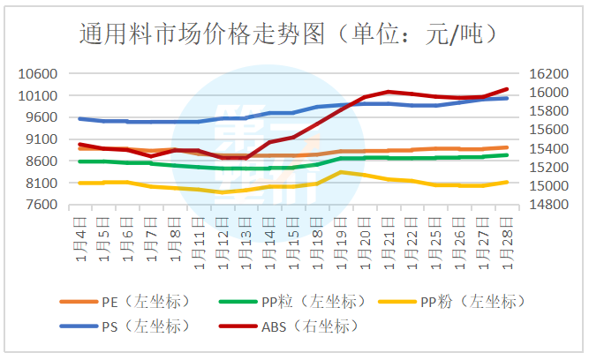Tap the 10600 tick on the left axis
[38, 74]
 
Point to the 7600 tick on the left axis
[41, 205]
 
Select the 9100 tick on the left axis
[41, 139]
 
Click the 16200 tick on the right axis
[547, 74]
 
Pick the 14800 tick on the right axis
[547, 205]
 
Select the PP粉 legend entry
[468, 302]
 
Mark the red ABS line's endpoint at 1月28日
[507, 89]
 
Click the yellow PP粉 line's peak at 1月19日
[341, 172]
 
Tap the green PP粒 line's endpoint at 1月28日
[507, 155]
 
